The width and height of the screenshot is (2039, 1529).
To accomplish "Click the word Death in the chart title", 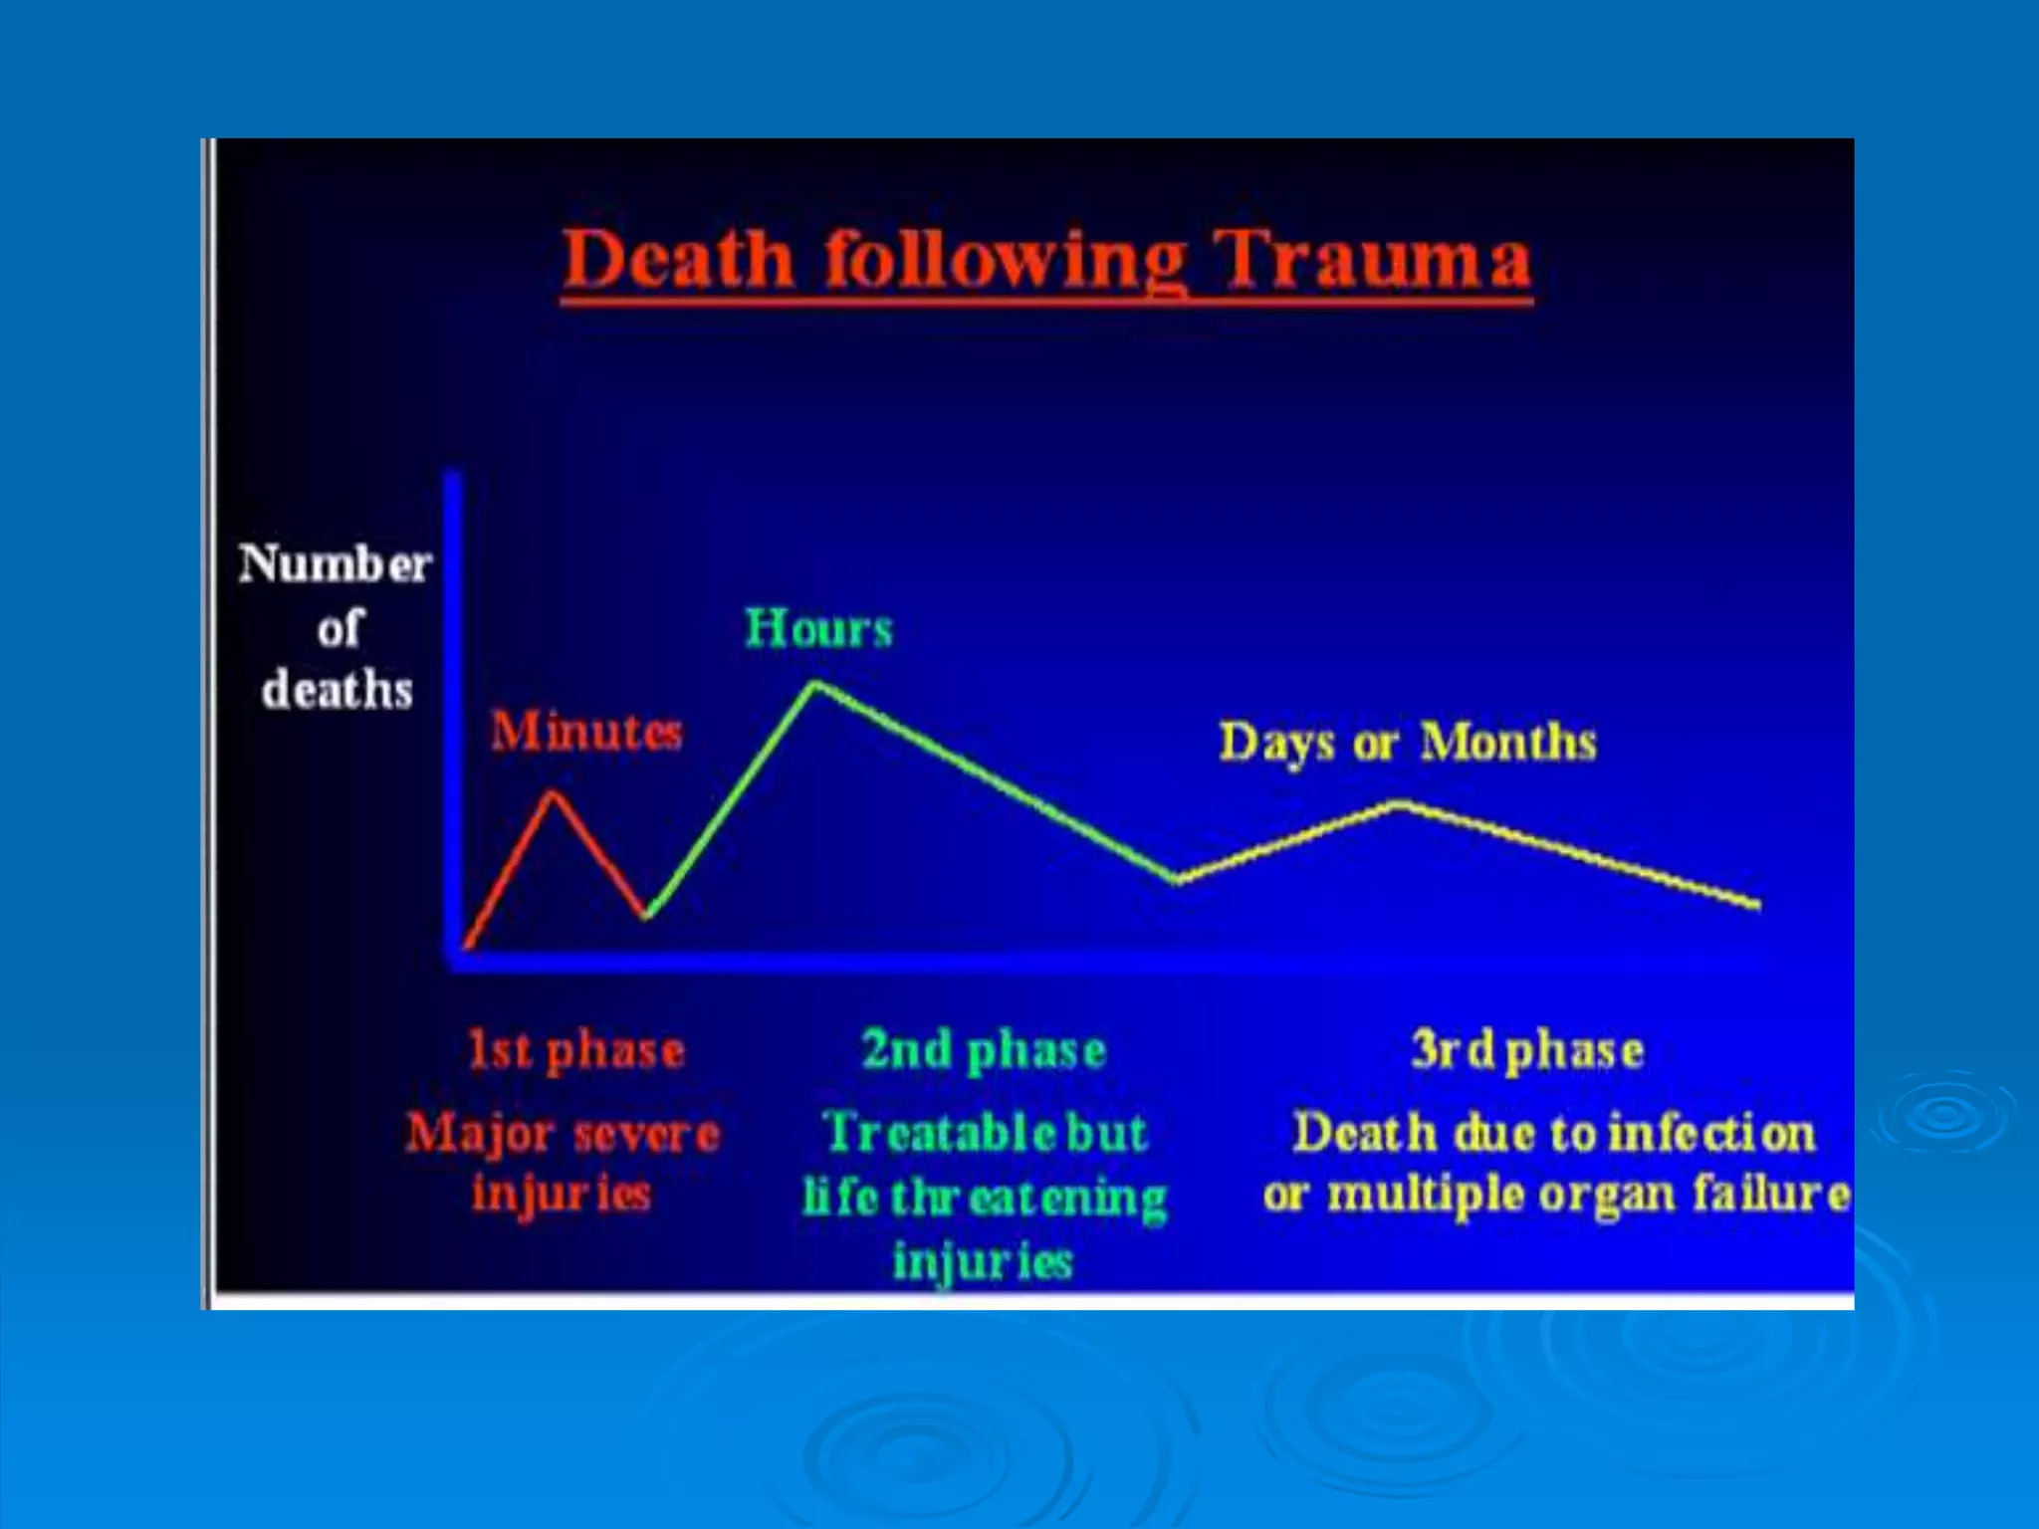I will [x=678, y=261].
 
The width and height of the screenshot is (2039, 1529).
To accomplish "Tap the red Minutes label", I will [x=586, y=732].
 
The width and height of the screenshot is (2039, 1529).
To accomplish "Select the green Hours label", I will [x=818, y=629].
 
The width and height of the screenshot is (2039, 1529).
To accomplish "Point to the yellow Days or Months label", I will [x=1408, y=743].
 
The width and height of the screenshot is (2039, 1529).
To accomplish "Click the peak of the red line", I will [x=554, y=793].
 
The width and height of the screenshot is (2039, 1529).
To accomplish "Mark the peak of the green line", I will [x=814, y=685].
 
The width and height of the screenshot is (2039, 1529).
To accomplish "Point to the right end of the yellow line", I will [x=1756, y=904].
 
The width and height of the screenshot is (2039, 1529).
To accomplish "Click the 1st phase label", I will [x=576, y=1051].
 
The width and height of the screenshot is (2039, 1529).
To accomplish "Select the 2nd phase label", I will [x=984, y=1051].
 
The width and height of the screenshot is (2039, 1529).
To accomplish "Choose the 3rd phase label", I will [x=1527, y=1051].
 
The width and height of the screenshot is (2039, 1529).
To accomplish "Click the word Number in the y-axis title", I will [x=335, y=564].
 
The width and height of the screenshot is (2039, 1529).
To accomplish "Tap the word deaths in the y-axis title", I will [x=337, y=690].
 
